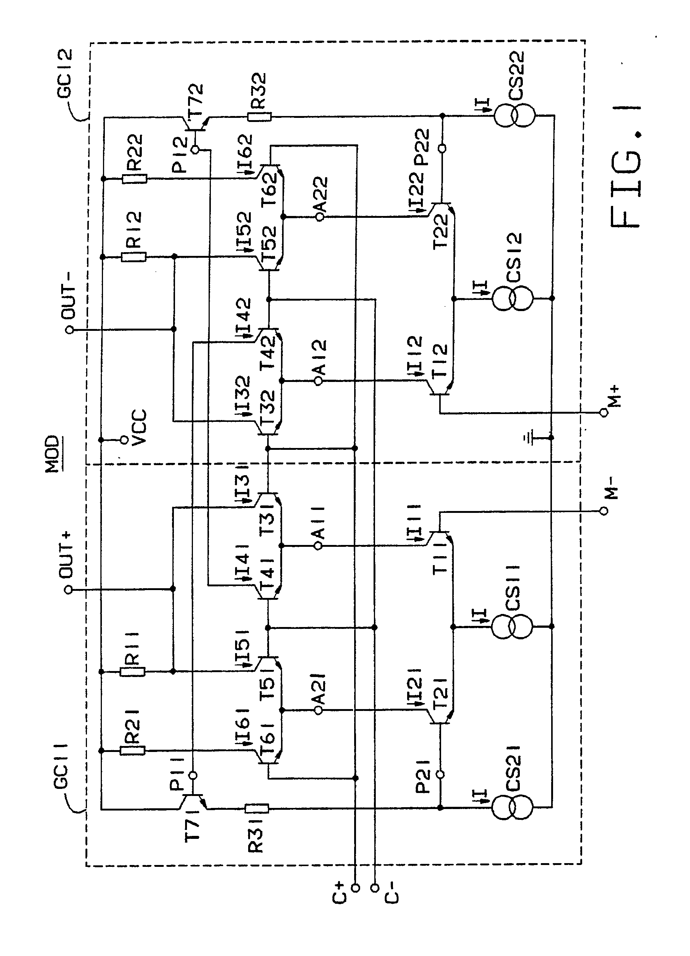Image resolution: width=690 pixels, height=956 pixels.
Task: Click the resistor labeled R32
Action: [259, 116]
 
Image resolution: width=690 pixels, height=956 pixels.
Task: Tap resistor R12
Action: [134, 257]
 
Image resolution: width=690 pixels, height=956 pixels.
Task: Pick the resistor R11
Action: [133, 671]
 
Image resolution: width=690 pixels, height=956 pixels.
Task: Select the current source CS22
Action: [515, 115]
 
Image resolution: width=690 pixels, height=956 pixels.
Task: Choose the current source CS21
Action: [512, 808]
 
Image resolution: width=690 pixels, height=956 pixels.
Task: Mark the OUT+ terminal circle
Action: [68, 590]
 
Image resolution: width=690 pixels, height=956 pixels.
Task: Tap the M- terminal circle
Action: [604, 511]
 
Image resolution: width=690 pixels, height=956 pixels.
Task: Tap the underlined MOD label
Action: [54, 454]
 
